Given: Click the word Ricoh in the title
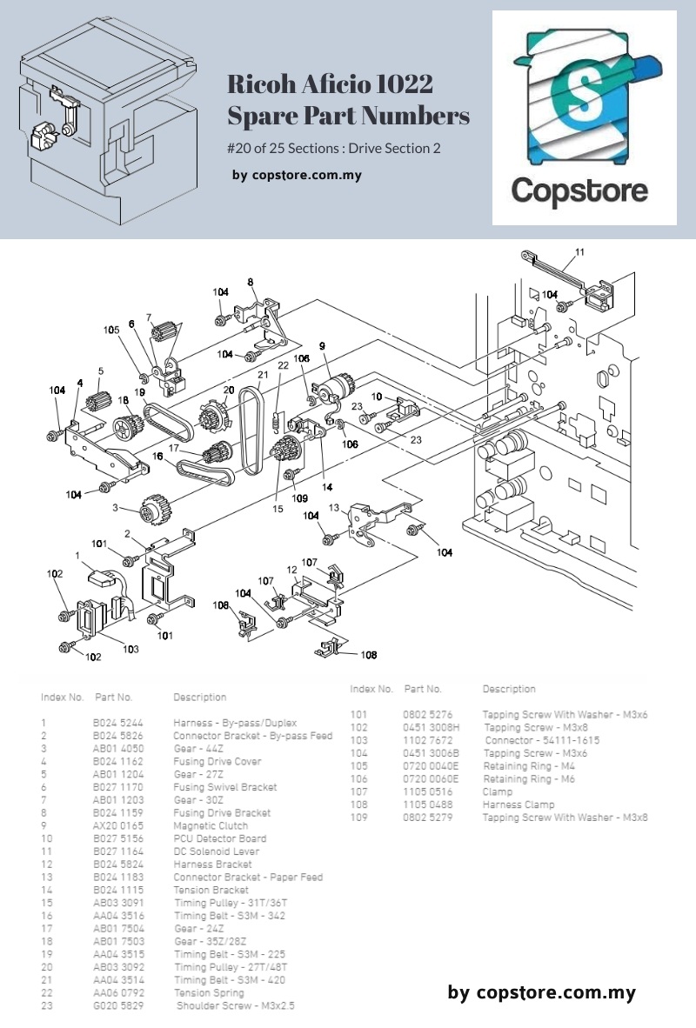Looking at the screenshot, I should coord(257,85).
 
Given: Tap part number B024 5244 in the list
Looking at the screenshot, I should coord(118,723).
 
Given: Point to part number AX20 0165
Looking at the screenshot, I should coord(118,825).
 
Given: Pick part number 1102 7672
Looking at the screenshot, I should coord(427,740).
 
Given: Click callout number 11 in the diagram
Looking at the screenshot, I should coord(579,253).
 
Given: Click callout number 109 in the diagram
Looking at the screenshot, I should coord(300,498).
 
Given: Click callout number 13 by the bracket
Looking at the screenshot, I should coord(333,507).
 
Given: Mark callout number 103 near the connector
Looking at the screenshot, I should coord(130,649).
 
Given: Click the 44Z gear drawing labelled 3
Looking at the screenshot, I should coord(154,510).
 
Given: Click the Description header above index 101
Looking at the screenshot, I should coord(509,689).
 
